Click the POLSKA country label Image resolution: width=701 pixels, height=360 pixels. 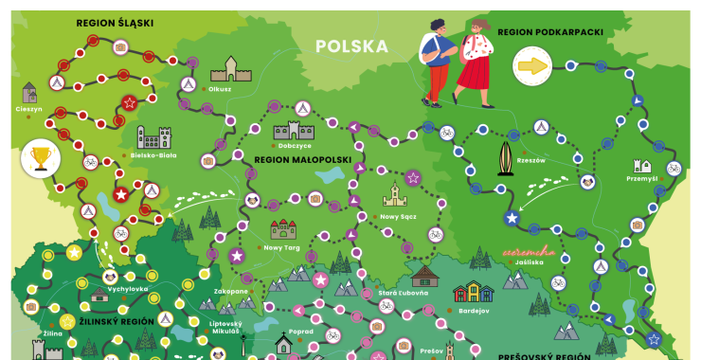[352, 46]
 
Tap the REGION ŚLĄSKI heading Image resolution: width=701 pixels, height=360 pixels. [115, 22]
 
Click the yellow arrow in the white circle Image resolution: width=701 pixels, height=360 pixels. [532, 66]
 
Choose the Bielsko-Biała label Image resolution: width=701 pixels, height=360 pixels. [153, 154]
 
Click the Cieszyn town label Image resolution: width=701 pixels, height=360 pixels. [29, 109]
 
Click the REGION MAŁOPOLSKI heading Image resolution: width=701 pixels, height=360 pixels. [303, 161]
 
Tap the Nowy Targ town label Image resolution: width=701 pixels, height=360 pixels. [281, 247]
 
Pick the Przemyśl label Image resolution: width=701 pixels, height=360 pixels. [641, 178]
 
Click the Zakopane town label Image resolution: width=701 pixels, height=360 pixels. [230, 292]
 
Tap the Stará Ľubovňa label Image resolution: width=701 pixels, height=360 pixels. [402, 293]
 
